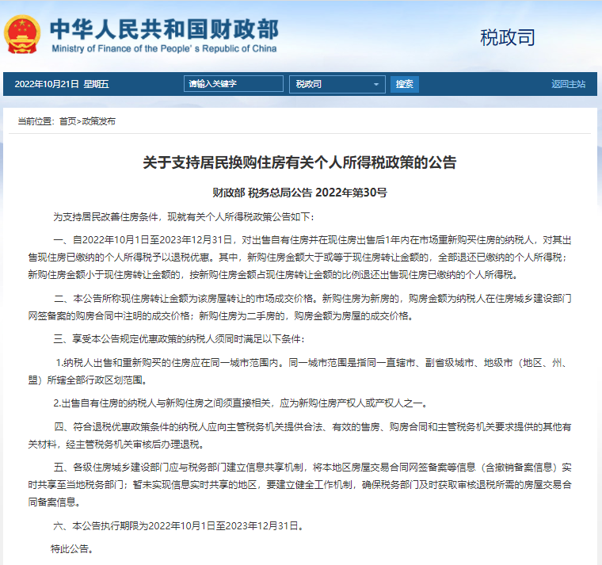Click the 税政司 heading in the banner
508,37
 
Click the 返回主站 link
568,84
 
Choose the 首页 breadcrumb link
68,121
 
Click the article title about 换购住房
299,163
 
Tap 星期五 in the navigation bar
96,84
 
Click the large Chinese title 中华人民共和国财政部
164,29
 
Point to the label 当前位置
35,121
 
